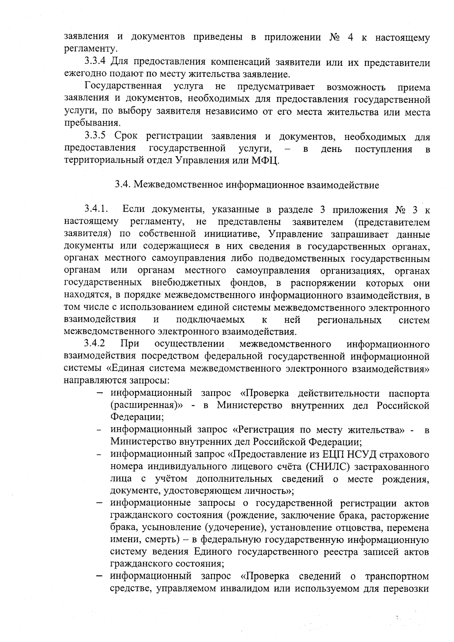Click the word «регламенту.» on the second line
click(x=90, y=49)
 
